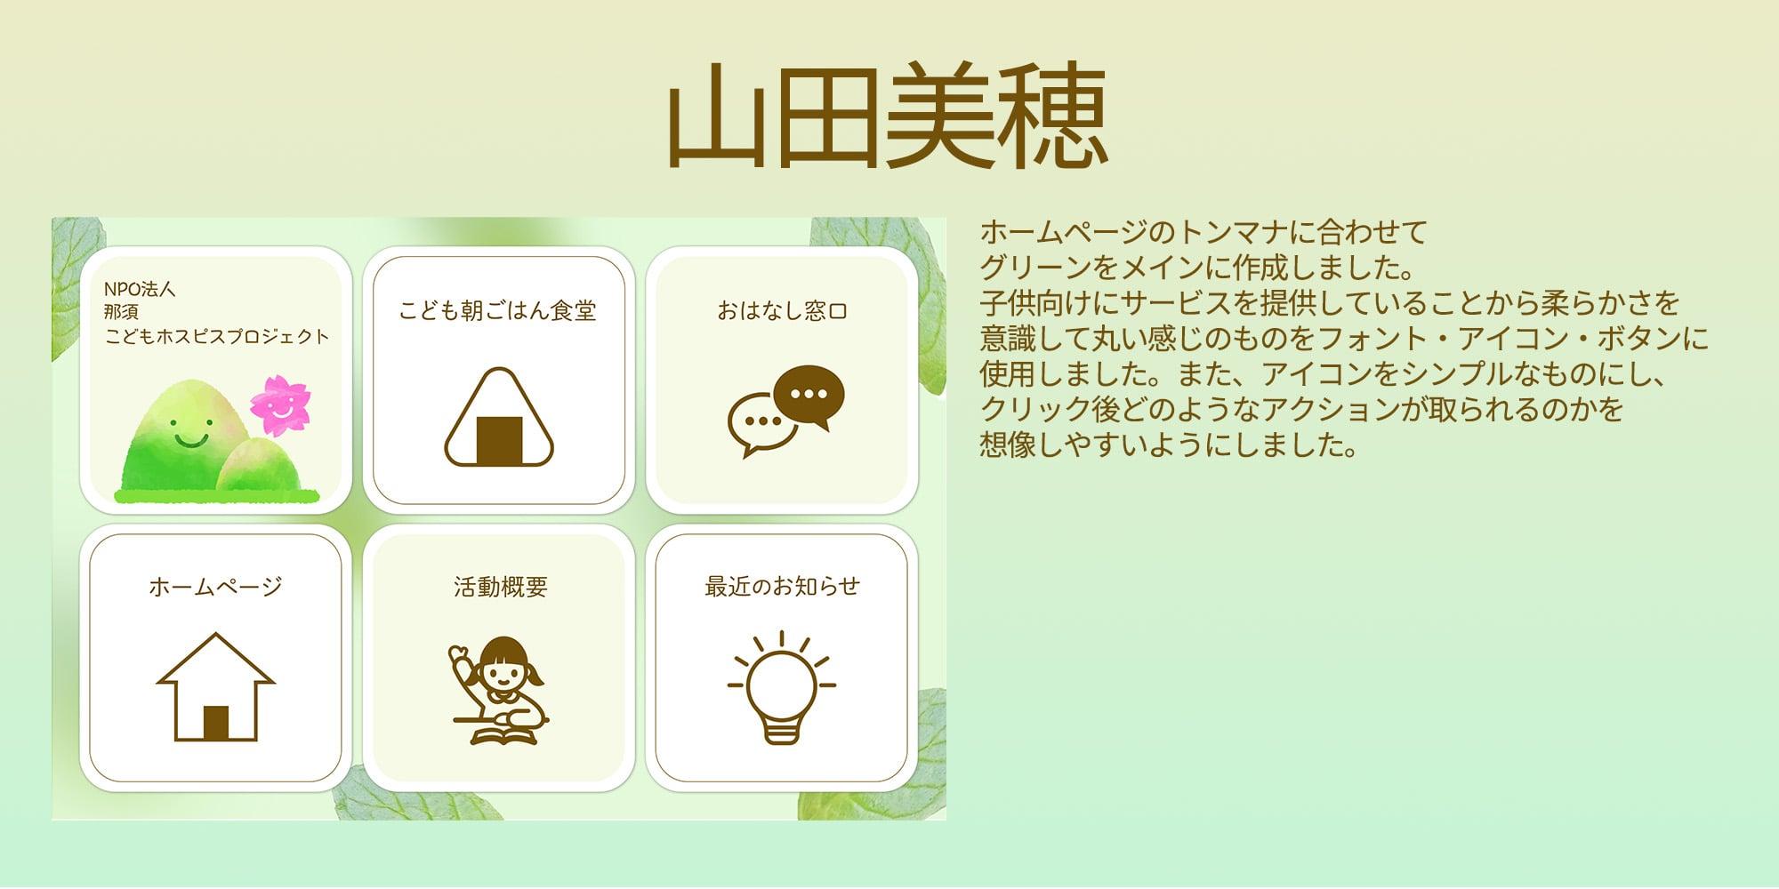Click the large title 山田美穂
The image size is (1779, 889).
tap(888, 116)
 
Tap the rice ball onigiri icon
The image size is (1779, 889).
tap(499, 418)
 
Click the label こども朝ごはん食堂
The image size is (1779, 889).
tap(497, 311)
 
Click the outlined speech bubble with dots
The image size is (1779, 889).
tap(761, 423)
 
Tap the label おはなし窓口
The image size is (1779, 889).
tap(782, 311)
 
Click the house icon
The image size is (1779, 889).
tap(215, 686)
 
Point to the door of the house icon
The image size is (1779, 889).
tap(216, 723)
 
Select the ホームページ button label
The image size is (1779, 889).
tap(215, 587)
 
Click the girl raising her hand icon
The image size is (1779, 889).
tap(499, 690)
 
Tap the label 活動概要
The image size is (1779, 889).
tap(500, 587)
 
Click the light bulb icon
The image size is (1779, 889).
tap(782, 687)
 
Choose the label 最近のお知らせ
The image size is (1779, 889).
tap(782, 587)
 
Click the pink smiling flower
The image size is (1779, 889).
tap(279, 405)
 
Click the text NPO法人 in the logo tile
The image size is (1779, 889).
tap(140, 289)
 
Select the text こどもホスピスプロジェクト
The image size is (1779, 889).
tap(217, 337)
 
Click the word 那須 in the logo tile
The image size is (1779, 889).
tap(121, 313)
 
